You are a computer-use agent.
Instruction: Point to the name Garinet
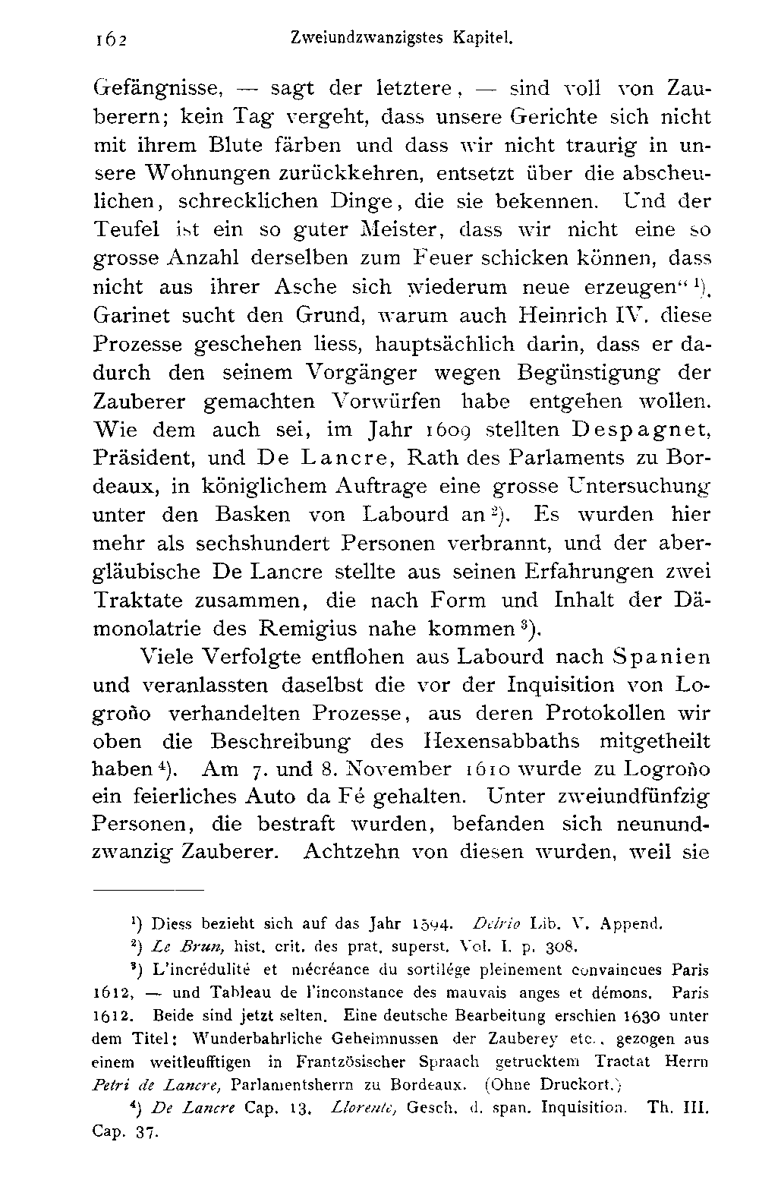130,314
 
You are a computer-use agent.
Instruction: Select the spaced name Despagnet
639,430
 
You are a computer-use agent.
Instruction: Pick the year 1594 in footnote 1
432,925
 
